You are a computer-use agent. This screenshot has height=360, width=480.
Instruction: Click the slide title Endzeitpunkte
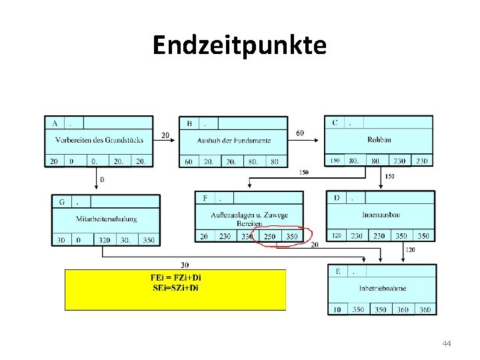click(239, 45)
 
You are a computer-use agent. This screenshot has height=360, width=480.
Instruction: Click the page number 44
click(447, 343)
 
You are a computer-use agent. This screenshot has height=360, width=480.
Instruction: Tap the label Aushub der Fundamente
click(234, 140)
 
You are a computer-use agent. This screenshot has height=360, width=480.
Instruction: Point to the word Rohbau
click(379, 139)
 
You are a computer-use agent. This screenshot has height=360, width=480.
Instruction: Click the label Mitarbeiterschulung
click(107, 218)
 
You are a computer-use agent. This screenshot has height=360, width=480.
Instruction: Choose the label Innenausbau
click(381, 215)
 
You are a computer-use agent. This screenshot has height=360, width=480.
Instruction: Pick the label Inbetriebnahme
click(382, 288)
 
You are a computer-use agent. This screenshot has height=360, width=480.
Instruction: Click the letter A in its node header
click(54, 123)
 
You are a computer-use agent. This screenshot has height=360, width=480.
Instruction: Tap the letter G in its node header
click(62, 201)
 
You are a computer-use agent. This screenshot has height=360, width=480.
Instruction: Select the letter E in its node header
click(338, 271)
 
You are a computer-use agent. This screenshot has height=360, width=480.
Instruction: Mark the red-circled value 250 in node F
click(269, 237)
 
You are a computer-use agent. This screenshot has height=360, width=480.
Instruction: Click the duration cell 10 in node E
click(337, 309)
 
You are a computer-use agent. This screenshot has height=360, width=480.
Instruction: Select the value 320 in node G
click(104, 240)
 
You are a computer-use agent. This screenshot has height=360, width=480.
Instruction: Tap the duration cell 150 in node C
click(334, 161)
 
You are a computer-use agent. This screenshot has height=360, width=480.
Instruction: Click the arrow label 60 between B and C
click(299, 133)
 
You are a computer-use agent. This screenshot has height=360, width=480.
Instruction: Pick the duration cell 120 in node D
click(337, 236)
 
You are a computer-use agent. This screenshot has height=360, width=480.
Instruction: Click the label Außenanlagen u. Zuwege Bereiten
click(249, 219)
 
